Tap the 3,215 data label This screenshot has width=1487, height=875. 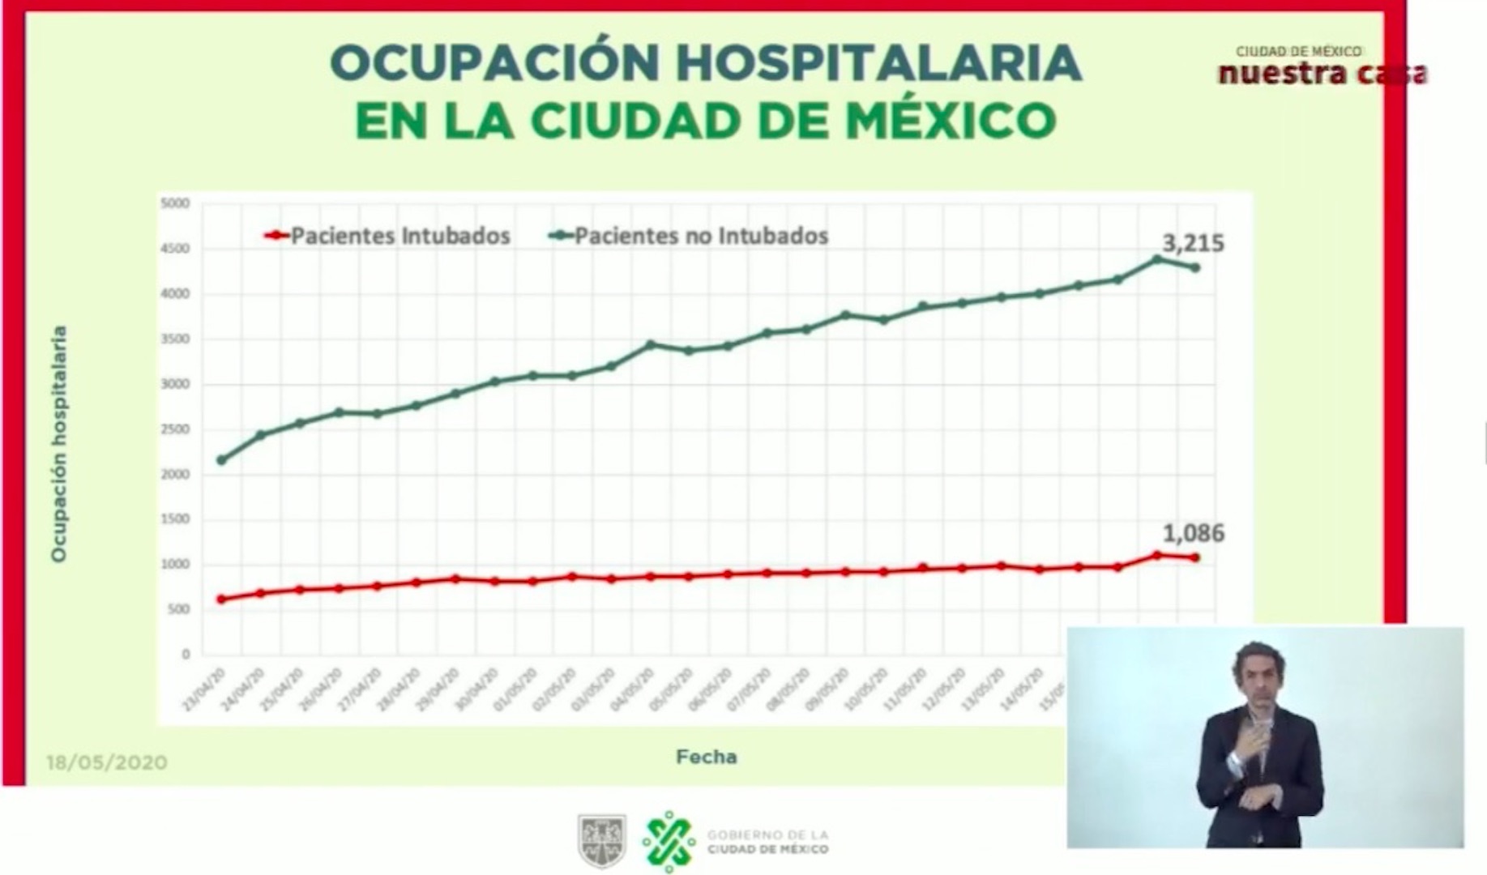(1193, 243)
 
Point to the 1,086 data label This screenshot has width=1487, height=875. (1193, 533)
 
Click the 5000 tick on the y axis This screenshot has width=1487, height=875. (175, 203)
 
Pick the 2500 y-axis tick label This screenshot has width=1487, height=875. (175, 429)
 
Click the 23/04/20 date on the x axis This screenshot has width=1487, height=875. (203, 689)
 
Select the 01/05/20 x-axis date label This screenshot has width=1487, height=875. (515, 689)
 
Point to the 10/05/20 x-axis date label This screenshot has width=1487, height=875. (865, 689)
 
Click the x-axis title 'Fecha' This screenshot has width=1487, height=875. (706, 757)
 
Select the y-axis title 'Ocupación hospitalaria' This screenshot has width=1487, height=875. (58, 444)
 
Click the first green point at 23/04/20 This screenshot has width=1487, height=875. (222, 460)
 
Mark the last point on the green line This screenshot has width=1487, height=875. (1195, 267)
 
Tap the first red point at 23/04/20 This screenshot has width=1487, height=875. (222, 600)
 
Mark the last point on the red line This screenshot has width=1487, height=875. (1195, 557)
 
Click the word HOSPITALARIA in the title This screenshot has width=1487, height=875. (878, 62)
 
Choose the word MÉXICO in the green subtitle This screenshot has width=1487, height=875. (951, 120)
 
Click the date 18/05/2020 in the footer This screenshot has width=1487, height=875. (107, 762)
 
